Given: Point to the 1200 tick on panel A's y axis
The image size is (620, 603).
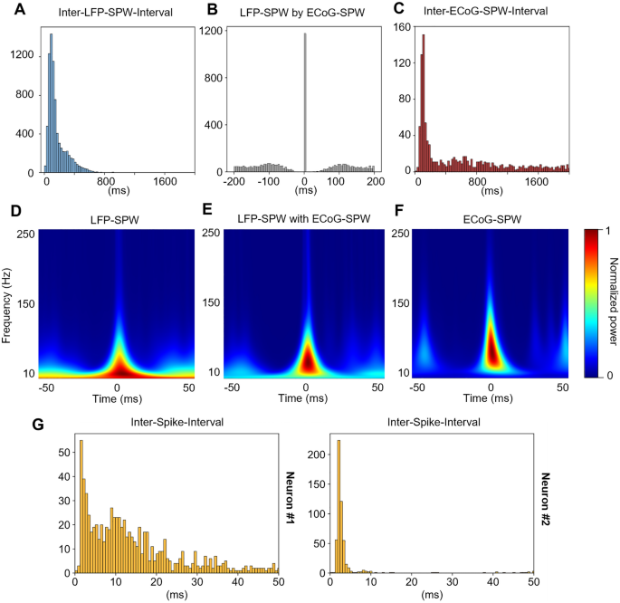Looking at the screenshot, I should point(23,54).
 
